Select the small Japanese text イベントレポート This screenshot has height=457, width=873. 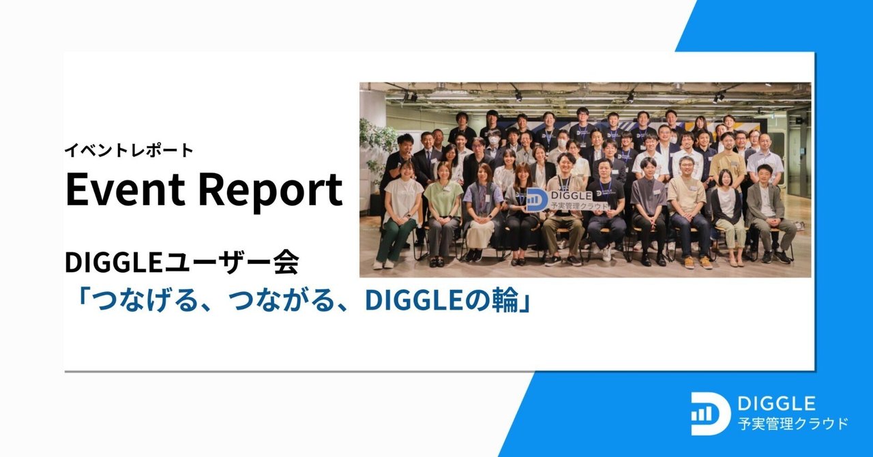(x=129, y=150)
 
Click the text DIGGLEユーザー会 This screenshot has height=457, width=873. (x=181, y=262)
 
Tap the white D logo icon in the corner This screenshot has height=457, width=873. (x=710, y=413)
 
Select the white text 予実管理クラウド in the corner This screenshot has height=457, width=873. (x=793, y=424)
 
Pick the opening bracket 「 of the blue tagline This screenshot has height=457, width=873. (x=80, y=300)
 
